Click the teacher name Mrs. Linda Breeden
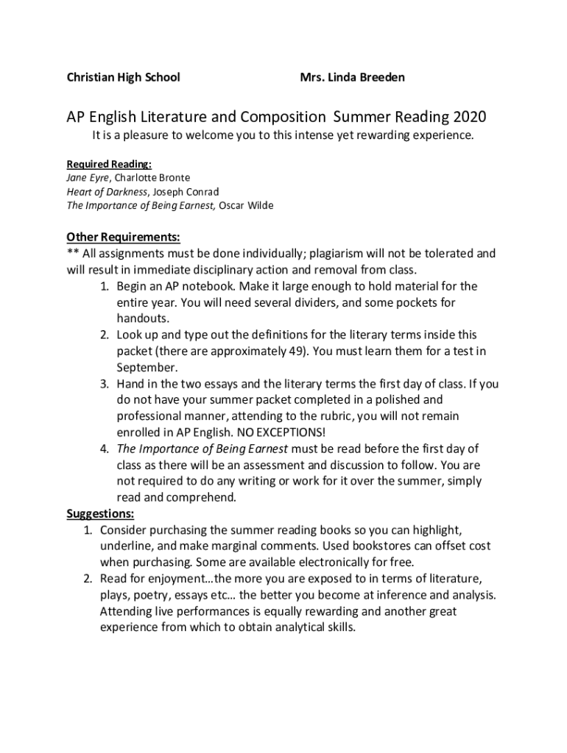pos(352,77)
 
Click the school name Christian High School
pos(123,77)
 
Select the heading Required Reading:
pos(109,163)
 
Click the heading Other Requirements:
pos(123,237)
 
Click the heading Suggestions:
pos(100,513)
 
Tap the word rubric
pos(366,415)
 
